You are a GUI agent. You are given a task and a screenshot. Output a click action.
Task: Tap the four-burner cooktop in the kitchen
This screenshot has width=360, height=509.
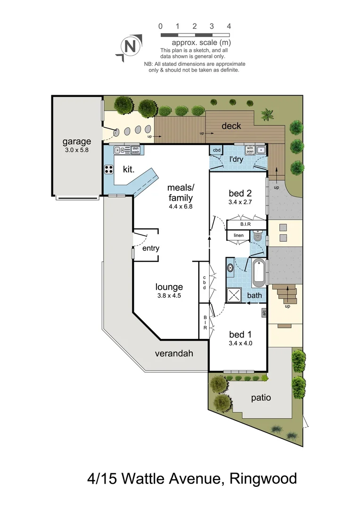[108, 170]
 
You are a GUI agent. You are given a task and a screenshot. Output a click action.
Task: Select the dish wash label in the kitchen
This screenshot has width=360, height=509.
[136, 150]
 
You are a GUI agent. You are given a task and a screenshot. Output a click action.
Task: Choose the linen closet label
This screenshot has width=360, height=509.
[238, 235]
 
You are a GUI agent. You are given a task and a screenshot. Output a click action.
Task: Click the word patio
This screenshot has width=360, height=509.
[261, 397]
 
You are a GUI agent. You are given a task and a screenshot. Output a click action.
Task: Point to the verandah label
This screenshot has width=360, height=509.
[174, 353]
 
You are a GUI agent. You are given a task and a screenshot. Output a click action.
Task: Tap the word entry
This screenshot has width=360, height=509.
[151, 248]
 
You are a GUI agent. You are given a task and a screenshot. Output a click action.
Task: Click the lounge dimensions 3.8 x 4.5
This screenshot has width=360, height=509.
[169, 296]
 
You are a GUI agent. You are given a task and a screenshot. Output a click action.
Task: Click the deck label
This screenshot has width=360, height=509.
[231, 126]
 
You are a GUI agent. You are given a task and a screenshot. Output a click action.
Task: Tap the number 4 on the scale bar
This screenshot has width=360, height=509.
[229, 26]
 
